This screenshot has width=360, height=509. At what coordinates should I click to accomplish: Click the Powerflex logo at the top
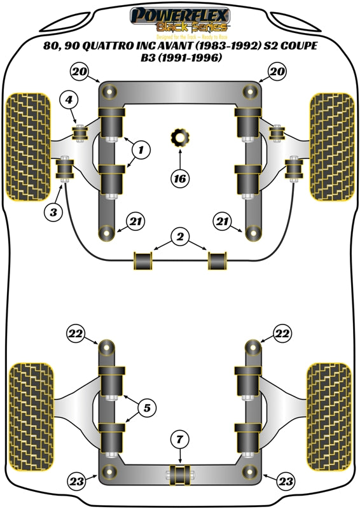[179, 19]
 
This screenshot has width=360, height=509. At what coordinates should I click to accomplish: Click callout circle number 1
[141, 150]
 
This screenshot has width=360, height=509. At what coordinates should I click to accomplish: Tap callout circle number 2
[180, 237]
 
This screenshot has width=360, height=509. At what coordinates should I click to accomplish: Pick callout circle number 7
[180, 438]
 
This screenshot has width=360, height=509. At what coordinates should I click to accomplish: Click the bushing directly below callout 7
[180, 474]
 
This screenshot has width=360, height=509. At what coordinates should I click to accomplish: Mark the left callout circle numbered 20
[79, 71]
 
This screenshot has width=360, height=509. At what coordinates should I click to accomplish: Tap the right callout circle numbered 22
[282, 333]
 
